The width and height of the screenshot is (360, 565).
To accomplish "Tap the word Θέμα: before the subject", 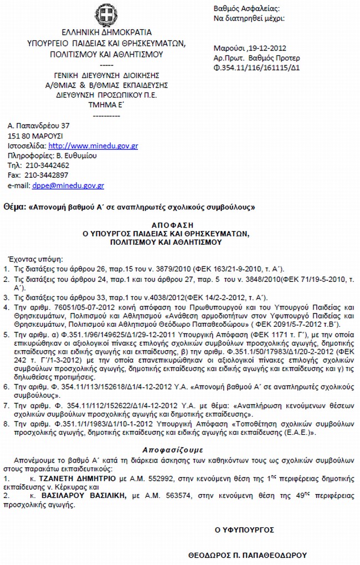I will tap(14, 207).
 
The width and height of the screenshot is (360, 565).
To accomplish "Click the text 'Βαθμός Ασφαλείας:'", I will tap(246, 9).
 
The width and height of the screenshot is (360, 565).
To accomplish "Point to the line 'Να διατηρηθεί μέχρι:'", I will tap(249, 18).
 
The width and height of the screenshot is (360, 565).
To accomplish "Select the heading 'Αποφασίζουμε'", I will tap(178, 435).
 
